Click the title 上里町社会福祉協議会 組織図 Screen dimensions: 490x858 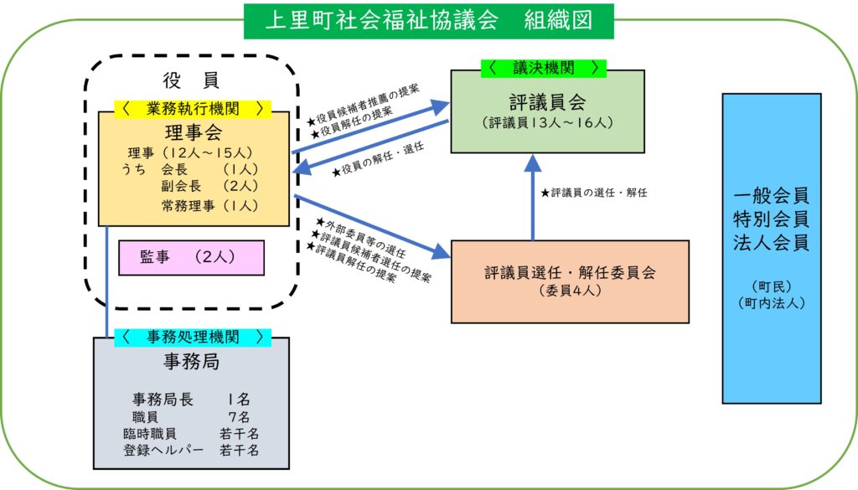[428, 20]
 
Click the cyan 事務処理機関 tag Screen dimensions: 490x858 [193, 337]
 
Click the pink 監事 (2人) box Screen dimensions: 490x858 [192, 258]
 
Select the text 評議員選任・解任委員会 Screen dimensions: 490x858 [569, 273]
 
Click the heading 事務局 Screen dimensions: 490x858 [192, 363]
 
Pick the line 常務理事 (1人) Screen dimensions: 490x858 [209, 205]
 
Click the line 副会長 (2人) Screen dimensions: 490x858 [209, 186]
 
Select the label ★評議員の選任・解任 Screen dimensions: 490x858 [594, 193]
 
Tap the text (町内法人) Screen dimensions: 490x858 [771, 302]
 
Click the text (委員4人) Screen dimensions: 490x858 [569, 292]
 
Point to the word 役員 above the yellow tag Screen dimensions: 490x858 [191, 80]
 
